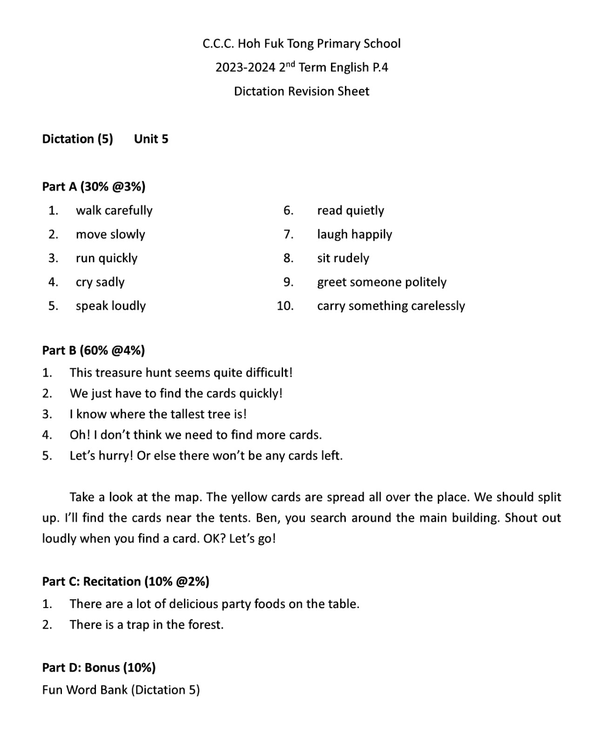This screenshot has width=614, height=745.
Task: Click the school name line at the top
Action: tap(301, 44)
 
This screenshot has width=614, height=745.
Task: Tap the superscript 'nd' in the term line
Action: tap(290, 64)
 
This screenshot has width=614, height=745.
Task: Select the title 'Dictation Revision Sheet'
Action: tap(301, 91)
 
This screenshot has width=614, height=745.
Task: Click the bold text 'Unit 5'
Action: tap(151, 139)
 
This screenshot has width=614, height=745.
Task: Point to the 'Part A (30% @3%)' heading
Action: tap(94, 187)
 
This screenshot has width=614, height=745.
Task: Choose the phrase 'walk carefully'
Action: tap(114, 210)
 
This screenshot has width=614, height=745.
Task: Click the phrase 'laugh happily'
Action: tap(354, 234)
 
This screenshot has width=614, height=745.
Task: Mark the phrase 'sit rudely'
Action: tap(343, 258)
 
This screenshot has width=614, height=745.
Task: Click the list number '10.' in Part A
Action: tap(285, 306)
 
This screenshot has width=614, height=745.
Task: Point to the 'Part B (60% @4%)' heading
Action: tap(94, 350)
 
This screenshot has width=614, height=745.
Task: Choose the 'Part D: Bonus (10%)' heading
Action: tap(99, 668)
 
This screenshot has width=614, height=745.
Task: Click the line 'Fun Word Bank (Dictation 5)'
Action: tap(121, 690)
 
